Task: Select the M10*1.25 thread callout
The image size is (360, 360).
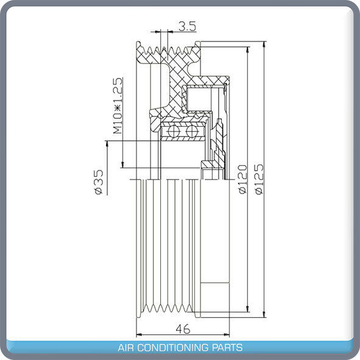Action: pos(118,105)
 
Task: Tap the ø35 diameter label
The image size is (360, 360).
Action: pos(97,182)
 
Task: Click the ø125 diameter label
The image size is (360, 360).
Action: pos(259,178)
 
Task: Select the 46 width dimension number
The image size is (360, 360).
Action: pos(182,328)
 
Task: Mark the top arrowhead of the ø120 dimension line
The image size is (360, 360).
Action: pos(247,49)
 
